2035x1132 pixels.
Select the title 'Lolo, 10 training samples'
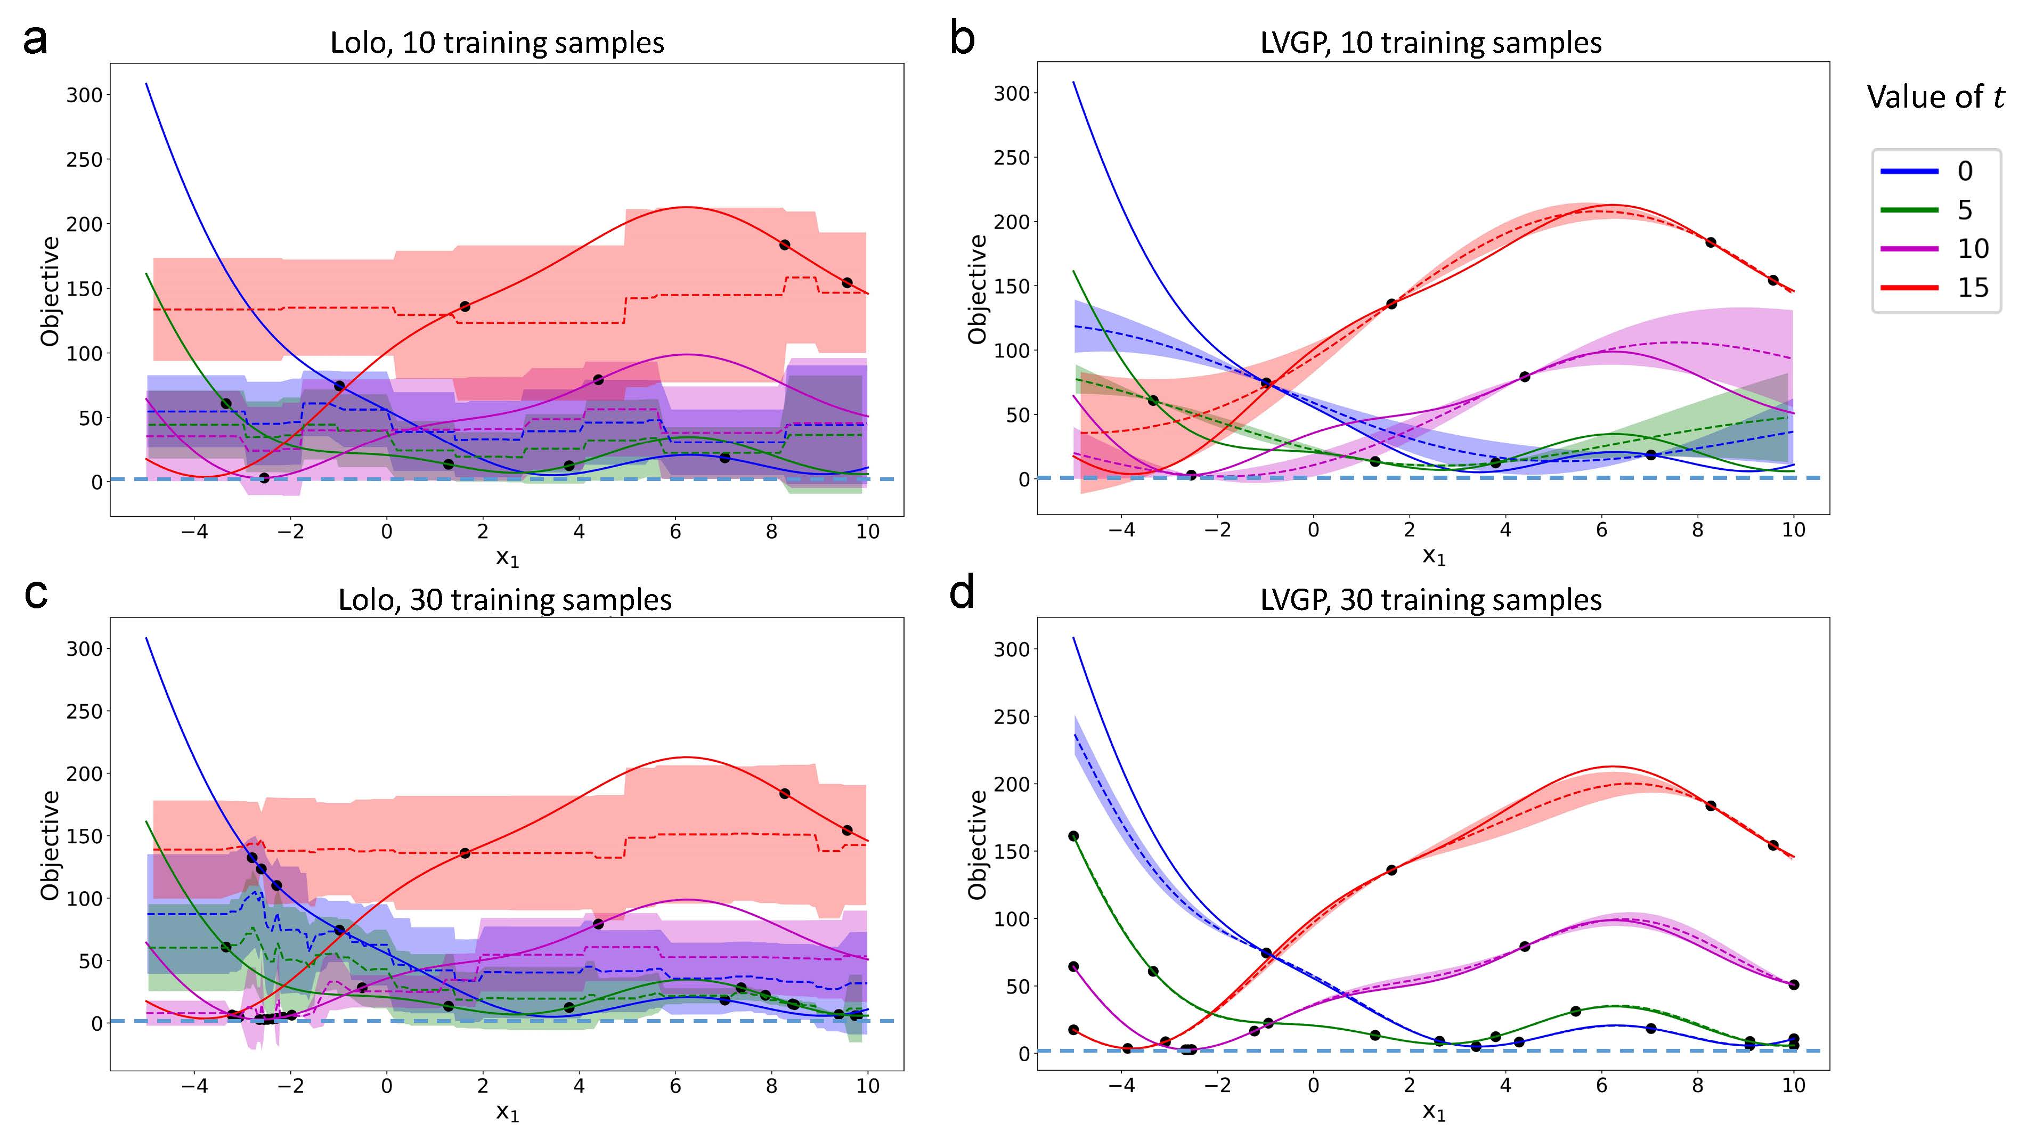(x=497, y=43)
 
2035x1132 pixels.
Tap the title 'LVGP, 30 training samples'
(x=1431, y=600)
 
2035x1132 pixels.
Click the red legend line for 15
(x=1909, y=288)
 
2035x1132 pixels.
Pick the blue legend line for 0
(x=1909, y=170)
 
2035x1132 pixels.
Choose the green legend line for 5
(x=1909, y=209)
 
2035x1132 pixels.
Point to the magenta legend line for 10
(x=1909, y=249)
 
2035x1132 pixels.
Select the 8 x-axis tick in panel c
(x=772, y=1086)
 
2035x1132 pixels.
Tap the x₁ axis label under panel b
(x=1434, y=557)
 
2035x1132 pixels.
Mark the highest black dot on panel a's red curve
(x=785, y=245)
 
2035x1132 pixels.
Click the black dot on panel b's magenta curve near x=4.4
(x=1525, y=377)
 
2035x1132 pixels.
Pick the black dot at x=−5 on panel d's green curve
(x=1073, y=836)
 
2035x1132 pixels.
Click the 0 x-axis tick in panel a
(x=386, y=532)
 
